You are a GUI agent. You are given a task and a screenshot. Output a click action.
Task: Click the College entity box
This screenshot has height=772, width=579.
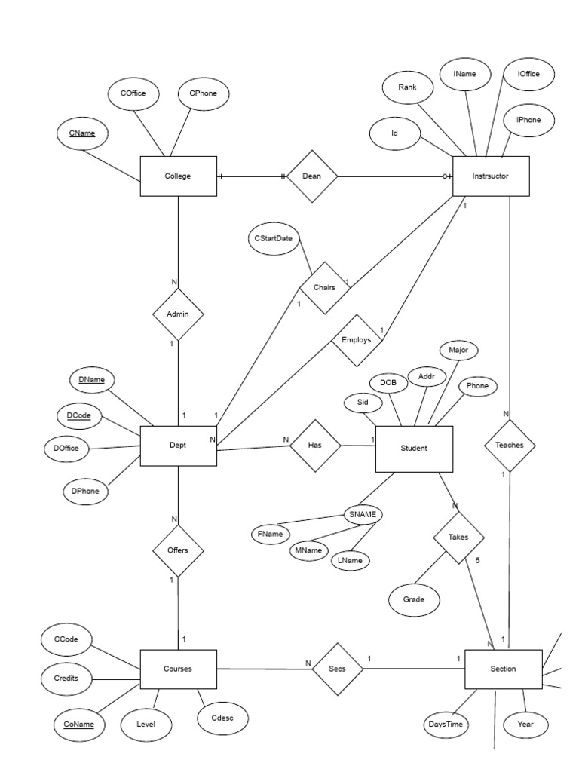tap(178, 176)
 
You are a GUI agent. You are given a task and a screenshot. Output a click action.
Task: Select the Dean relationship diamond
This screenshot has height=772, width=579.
tap(311, 176)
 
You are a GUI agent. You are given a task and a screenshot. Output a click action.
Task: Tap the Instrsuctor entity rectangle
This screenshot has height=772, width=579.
tap(490, 176)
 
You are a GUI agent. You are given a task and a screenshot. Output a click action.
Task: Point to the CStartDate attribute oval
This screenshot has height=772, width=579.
tap(273, 238)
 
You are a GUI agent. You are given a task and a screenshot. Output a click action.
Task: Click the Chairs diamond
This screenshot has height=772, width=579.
tap(324, 287)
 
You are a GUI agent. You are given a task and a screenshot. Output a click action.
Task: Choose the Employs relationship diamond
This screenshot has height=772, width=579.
tap(356, 341)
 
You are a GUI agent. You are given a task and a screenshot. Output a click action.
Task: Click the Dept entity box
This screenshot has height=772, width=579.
tap(178, 446)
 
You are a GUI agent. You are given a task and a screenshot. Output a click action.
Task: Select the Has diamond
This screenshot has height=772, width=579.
tap(315, 446)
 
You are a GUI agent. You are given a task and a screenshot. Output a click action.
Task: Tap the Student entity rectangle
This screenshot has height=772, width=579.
tap(413, 448)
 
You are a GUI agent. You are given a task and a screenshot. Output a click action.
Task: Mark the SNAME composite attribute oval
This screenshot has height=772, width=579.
tap(362, 515)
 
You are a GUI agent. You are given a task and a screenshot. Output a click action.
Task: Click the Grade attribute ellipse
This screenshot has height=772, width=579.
tap(413, 600)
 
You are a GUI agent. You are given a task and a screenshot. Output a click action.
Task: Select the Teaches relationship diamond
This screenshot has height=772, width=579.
tap(509, 446)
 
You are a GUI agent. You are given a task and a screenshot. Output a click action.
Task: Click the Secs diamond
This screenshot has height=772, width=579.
tap(337, 668)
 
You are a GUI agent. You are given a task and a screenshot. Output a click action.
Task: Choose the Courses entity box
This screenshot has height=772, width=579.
tap(178, 669)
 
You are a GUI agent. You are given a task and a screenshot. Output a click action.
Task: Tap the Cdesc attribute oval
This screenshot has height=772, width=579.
tap(222, 718)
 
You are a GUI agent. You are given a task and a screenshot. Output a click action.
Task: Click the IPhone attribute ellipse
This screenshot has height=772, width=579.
tap(529, 121)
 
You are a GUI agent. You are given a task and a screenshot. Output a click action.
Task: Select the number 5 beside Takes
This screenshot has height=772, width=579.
tap(477, 562)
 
